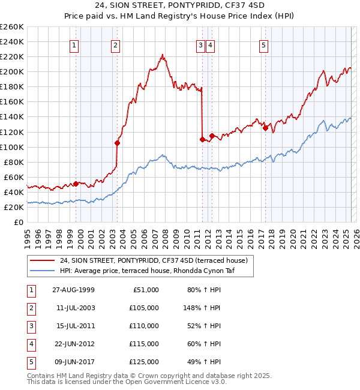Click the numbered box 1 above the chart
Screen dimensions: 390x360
coord(74,44)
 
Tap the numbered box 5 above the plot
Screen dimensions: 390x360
coord(264,44)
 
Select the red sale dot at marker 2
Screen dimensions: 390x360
coord(117,143)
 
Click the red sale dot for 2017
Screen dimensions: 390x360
coord(265,128)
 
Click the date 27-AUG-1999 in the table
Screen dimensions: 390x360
coord(73,290)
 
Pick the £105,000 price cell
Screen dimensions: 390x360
coord(144,308)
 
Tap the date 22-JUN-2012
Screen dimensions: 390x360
coord(73,344)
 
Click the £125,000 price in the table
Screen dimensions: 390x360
coord(144,362)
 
